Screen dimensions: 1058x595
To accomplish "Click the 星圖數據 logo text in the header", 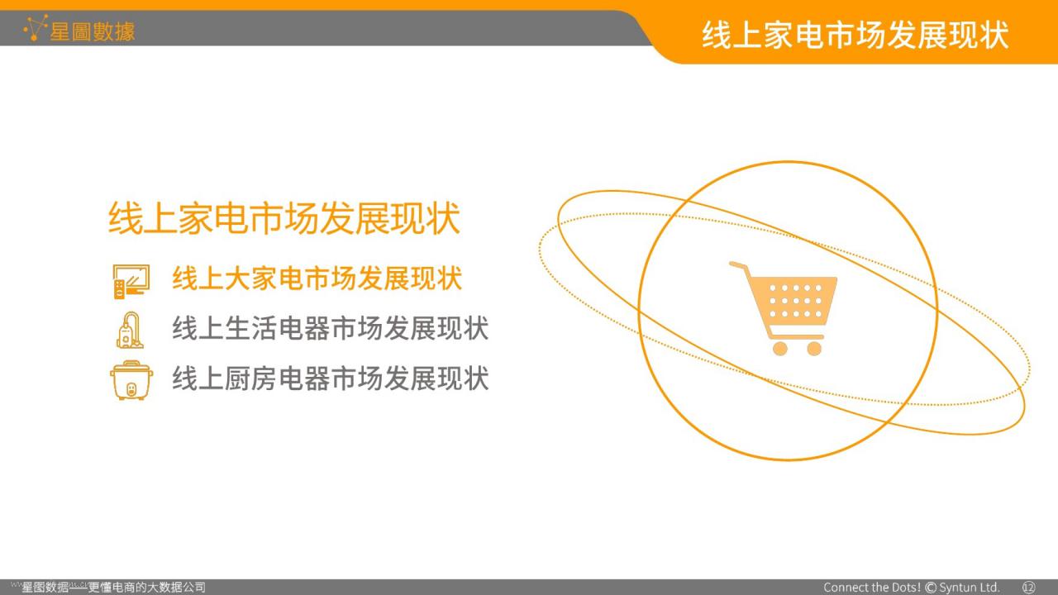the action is (93, 31).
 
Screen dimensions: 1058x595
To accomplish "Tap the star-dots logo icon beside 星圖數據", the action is (36, 28).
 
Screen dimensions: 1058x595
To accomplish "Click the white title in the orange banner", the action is (855, 35).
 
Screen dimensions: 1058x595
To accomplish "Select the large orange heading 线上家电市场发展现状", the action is (284, 217).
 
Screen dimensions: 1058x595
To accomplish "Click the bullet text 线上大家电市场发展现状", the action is (317, 278).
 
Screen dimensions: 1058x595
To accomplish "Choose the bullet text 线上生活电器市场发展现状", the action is (330, 328).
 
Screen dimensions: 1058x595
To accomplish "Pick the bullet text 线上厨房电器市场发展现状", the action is (330, 378).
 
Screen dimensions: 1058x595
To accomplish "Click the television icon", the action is (131, 282).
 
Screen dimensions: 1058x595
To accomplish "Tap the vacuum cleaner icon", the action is (130, 330).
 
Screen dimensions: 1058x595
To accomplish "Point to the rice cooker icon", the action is (131, 380).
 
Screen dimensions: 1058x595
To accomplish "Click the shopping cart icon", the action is (783, 308).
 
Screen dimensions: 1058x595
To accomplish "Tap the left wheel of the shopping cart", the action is (779, 349).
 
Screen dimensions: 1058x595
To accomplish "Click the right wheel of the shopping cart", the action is (814, 349).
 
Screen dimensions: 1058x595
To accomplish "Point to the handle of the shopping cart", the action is (738, 266).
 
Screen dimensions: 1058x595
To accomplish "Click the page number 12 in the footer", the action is (1029, 588).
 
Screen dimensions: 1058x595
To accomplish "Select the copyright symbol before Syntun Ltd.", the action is (931, 588).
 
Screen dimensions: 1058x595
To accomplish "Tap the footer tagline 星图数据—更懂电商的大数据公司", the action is (113, 588).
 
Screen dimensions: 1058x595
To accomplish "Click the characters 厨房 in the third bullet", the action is (250, 378).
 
